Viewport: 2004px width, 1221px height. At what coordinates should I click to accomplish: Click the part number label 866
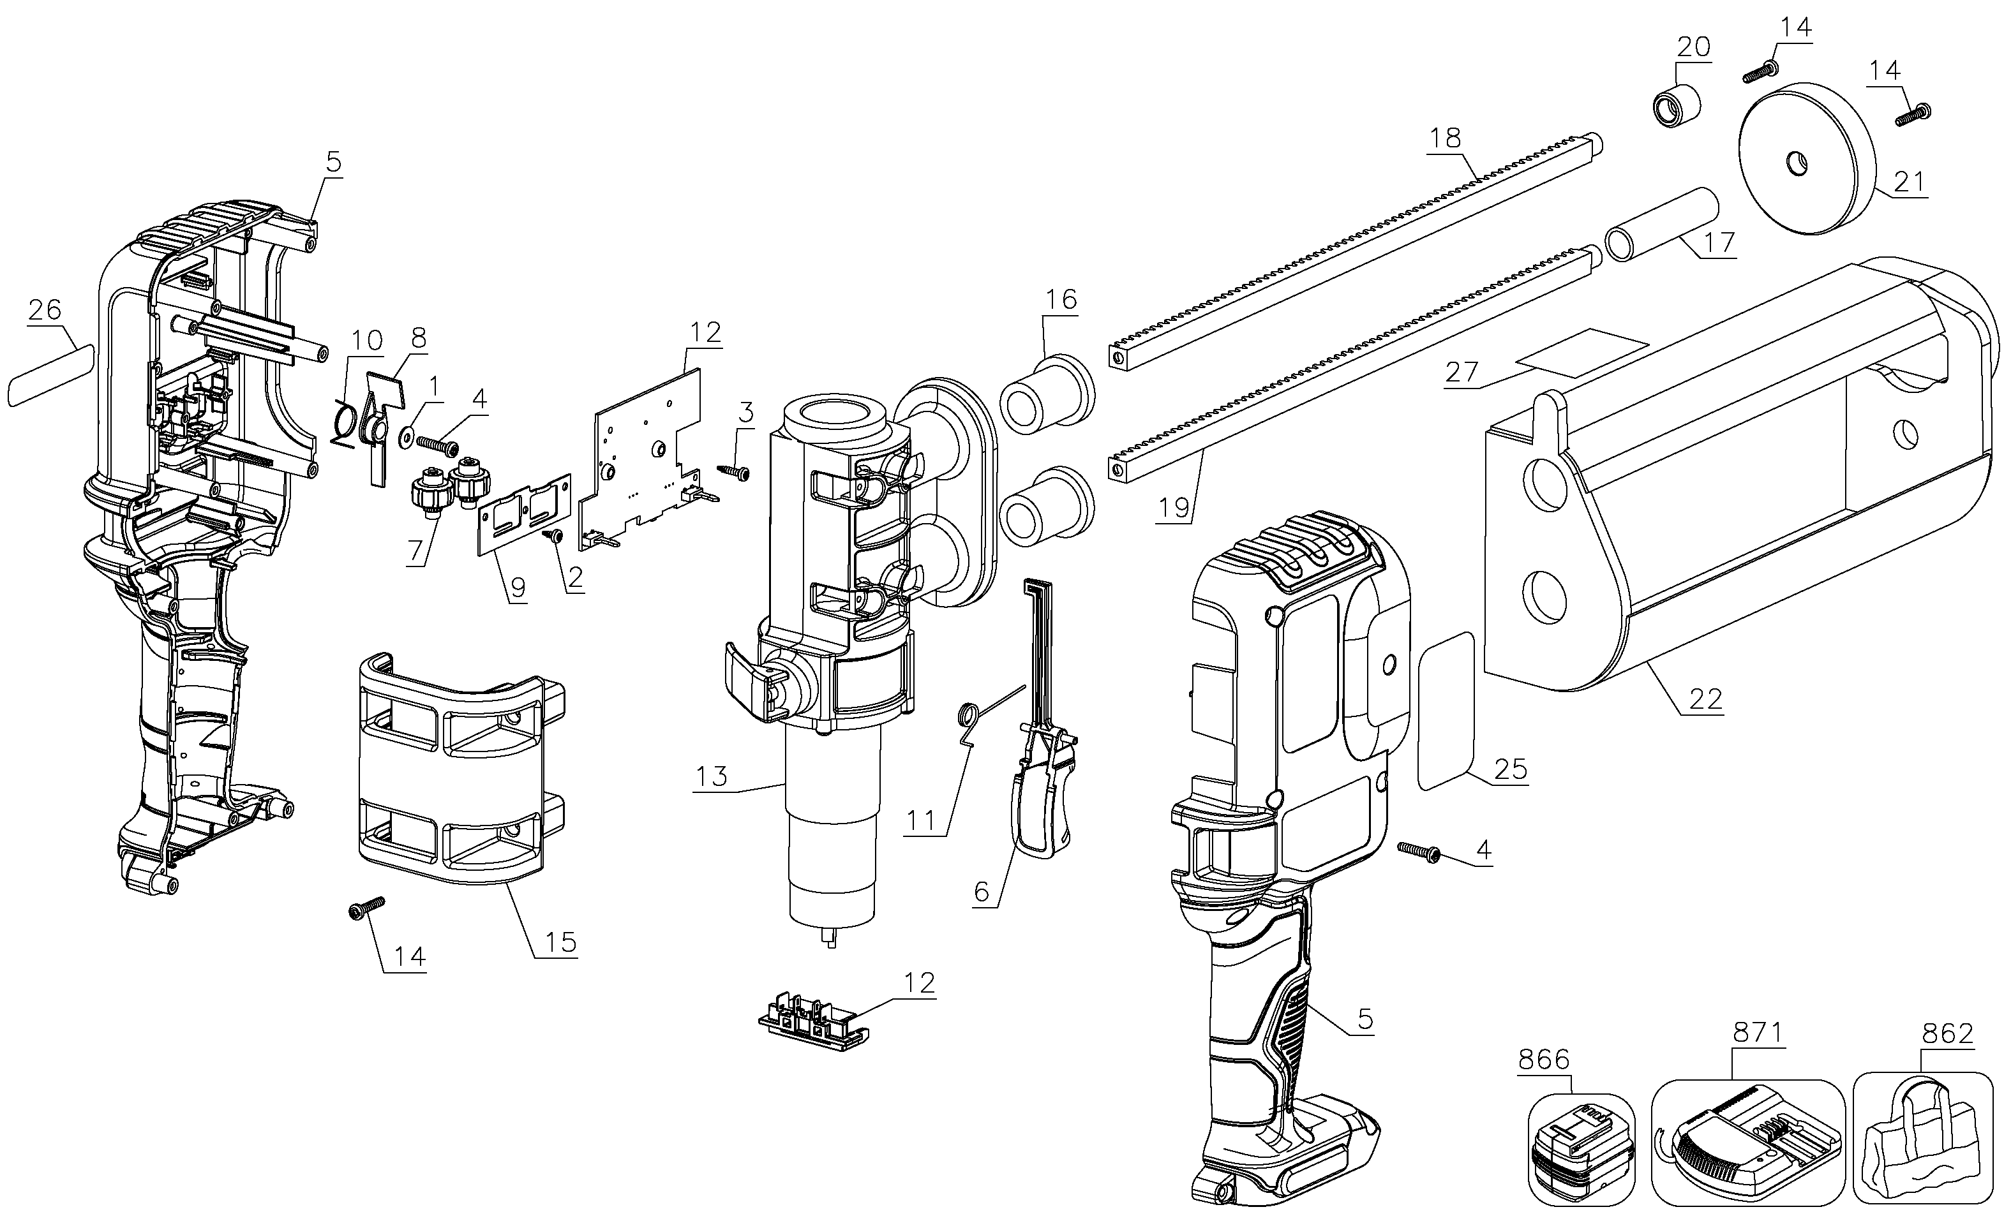(x=1543, y=1060)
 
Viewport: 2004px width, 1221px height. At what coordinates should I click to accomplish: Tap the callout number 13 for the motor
(x=711, y=776)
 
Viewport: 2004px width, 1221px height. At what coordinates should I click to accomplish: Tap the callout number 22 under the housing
(x=1705, y=699)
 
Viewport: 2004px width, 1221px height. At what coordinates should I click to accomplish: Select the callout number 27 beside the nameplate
(x=1461, y=373)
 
